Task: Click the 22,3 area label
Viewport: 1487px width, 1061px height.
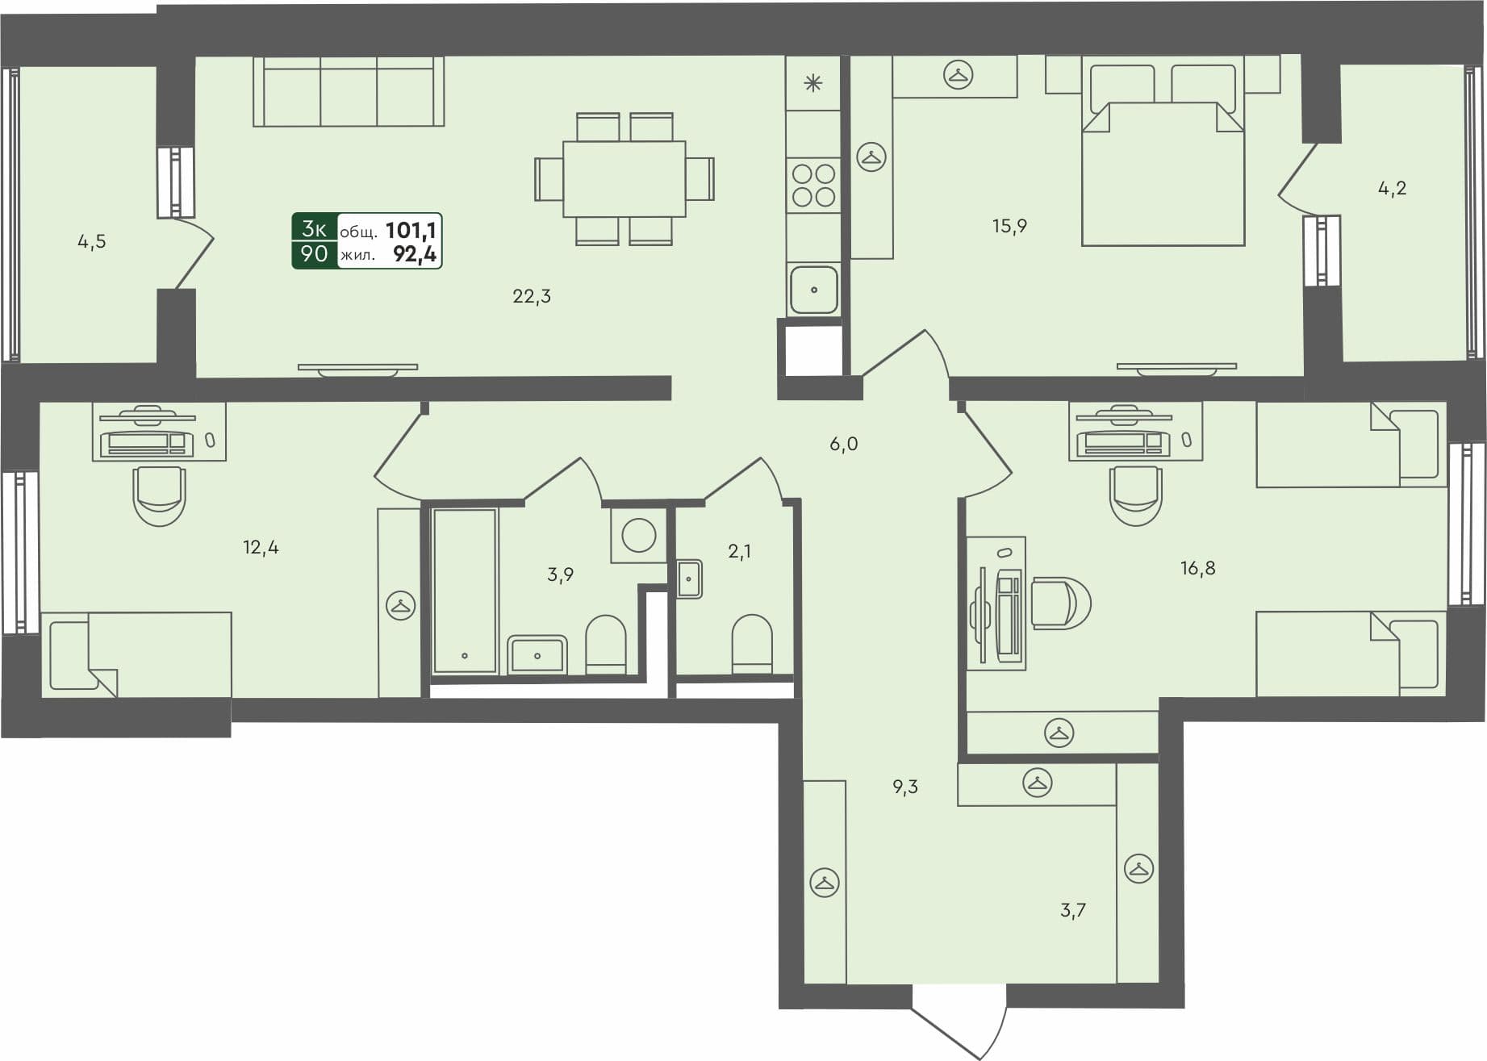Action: coord(532,296)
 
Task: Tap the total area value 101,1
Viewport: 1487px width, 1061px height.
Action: coord(411,231)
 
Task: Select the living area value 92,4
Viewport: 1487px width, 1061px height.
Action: coord(415,255)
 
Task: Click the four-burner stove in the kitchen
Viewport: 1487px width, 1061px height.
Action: coord(813,185)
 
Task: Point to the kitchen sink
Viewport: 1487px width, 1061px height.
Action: coord(813,289)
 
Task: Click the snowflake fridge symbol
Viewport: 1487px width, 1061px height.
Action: coord(812,82)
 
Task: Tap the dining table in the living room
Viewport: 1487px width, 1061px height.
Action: coord(624,179)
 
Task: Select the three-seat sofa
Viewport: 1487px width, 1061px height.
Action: coord(349,91)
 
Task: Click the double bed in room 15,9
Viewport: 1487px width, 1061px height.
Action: coord(1162,161)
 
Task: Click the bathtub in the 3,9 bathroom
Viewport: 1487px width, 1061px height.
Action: coord(465,590)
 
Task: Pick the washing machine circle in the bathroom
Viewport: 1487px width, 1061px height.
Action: coord(639,535)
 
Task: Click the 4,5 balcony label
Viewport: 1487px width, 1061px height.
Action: coord(91,241)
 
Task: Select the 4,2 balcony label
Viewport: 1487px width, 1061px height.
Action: coord(1392,189)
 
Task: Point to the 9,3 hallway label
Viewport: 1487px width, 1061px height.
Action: coord(905,787)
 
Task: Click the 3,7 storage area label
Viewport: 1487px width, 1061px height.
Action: coord(1072,911)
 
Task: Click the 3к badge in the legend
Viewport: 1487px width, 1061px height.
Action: coord(314,229)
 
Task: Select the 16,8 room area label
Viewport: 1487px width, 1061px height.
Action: coord(1197,568)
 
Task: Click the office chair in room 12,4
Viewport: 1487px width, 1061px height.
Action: coord(159,495)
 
